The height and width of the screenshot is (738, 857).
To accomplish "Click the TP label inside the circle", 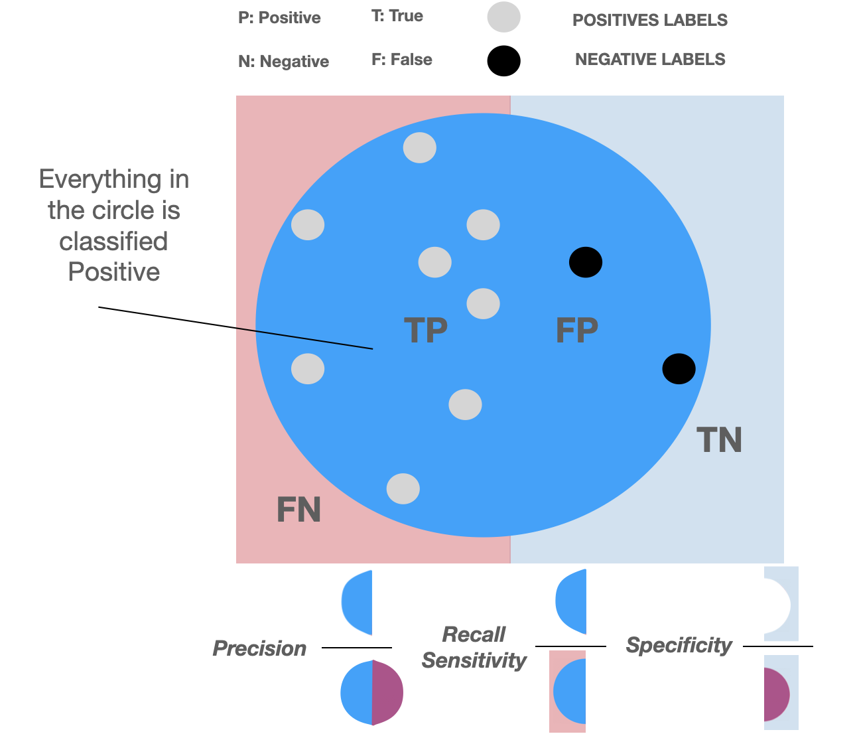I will point(425,330).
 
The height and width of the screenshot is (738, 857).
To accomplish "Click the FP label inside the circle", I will point(576,330).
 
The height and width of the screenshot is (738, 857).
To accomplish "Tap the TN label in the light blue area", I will point(719,440).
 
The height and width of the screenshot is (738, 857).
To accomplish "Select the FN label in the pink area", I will point(298,510).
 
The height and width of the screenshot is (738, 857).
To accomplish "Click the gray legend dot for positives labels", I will point(503,18).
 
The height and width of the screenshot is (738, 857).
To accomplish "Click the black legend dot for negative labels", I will point(503,61).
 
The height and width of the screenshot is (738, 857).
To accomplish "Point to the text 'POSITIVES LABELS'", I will point(649,21).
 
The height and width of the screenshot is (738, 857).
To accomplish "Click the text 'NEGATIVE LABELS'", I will point(649,60).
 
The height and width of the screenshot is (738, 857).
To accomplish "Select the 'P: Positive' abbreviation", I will point(279,18).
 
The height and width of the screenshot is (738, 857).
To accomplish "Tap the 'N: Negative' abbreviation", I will point(283,62).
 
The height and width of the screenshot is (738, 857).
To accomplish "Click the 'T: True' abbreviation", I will point(397,16).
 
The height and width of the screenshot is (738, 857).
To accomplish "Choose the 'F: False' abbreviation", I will point(401,60).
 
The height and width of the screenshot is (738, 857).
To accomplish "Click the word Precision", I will point(259,648).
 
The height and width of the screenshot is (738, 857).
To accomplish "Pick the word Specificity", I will point(679,645).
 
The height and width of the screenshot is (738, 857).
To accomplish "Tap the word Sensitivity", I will point(474,660).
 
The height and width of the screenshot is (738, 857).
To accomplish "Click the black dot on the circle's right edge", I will point(679,368).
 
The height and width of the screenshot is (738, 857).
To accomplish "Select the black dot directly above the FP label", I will point(586,262).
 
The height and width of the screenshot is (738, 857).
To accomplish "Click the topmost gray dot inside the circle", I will point(420,147).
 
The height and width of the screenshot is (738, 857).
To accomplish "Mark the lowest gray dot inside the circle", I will point(403,489).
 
